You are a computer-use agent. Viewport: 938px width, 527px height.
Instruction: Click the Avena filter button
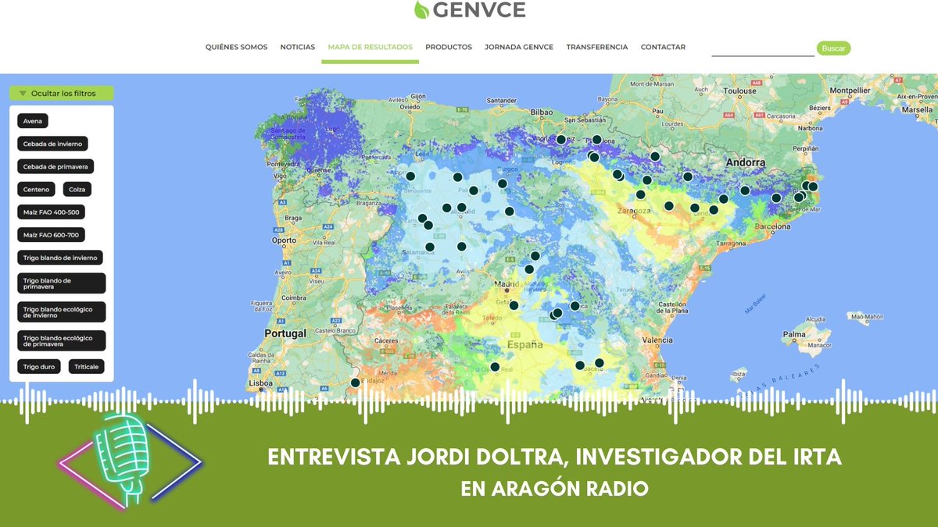pyautogui.click(x=33, y=121)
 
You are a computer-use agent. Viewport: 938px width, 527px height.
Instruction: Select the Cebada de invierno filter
pyautogui.click(x=52, y=144)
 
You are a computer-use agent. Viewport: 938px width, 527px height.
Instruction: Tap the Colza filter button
pyautogui.click(x=77, y=189)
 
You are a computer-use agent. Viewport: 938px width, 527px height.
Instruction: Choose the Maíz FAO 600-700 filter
pyautogui.click(x=51, y=235)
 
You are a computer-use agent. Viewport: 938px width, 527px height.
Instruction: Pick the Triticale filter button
pyautogui.click(x=86, y=366)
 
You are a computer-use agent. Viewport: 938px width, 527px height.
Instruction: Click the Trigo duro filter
pyautogui.click(x=38, y=366)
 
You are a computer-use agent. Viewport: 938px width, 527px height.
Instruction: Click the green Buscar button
pyautogui.click(x=833, y=48)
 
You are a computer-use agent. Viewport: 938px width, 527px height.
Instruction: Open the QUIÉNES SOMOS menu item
pyautogui.click(x=236, y=48)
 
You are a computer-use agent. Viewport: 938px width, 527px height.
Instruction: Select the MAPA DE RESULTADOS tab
pyautogui.click(x=370, y=48)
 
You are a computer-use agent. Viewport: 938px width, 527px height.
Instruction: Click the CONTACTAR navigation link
pyautogui.click(x=663, y=48)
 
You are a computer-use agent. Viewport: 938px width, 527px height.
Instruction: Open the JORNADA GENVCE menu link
pyautogui.click(x=519, y=48)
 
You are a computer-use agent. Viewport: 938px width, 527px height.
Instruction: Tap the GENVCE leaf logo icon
pyautogui.click(x=421, y=10)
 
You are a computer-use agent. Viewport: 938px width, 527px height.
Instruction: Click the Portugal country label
pyautogui.click(x=285, y=333)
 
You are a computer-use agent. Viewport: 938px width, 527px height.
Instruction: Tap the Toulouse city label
pyautogui.click(x=739, y=91)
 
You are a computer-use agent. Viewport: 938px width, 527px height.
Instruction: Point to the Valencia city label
pyautogui.click(x=657, y=340)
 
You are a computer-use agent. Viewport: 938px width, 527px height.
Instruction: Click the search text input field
pyautogui.click(x=762, y=49)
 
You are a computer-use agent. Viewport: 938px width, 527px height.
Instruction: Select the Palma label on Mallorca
pyautogui.click(x=794, y=336)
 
